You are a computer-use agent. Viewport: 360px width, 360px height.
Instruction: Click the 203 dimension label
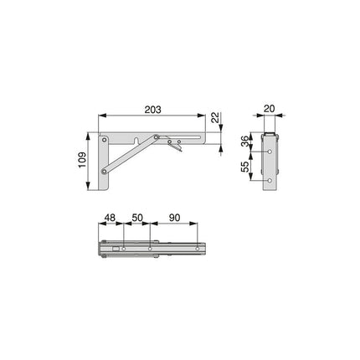tap(152, 110)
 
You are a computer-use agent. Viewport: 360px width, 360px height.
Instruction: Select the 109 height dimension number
tap(82, 160)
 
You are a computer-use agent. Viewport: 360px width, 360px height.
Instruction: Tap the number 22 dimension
tap(215, 118)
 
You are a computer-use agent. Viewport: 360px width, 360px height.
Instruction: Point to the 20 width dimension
tap(270, 109)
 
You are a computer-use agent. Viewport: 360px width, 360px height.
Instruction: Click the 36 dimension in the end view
tap(244, 142)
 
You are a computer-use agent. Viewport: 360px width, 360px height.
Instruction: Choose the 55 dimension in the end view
tap(244, 167)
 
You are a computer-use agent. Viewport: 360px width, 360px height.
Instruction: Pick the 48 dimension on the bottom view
tap(110, 218)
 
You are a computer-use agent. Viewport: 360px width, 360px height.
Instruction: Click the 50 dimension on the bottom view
tap(137, 218)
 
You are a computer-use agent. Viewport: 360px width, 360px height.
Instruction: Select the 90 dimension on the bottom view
tap(174, 218)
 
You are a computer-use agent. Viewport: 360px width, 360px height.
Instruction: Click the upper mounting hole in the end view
tap(270, 152)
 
